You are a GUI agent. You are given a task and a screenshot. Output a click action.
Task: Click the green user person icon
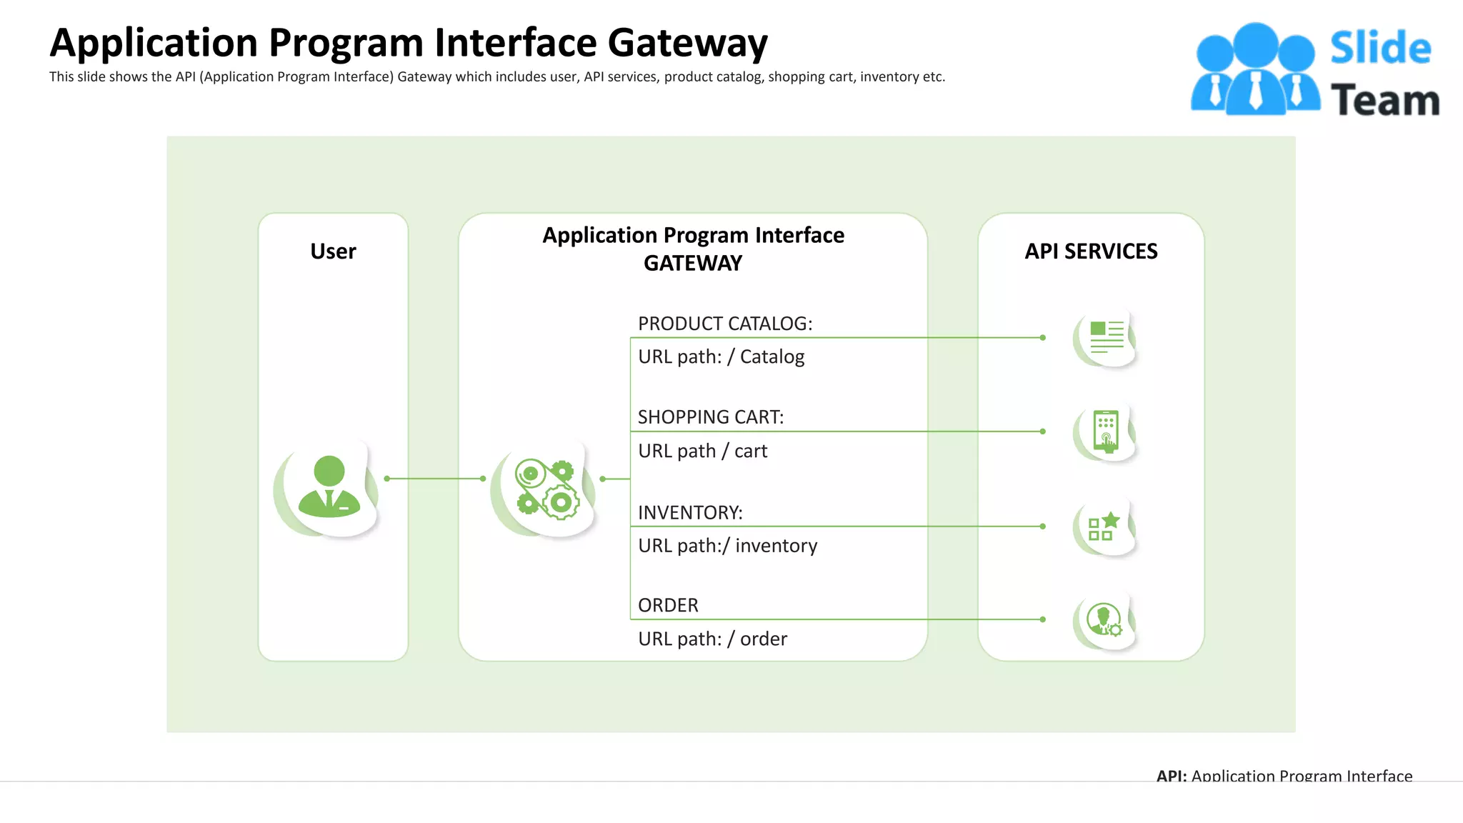(329, 487)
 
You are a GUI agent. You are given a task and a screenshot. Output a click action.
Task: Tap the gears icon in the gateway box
(546, 489)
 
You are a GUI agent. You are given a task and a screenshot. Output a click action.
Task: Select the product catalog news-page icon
(1107, 337)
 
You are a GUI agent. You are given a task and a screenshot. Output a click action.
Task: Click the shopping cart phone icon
(1106, 432)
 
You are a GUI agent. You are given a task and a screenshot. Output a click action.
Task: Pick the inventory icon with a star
(1104, 527)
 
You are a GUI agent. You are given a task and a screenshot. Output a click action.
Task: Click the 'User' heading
(333, 251)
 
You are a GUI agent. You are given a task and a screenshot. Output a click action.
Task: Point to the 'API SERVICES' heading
(1091, 251)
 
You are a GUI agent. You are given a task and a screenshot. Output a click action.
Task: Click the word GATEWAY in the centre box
(692, 264)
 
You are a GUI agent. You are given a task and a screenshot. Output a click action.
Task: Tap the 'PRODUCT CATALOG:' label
(724, 324)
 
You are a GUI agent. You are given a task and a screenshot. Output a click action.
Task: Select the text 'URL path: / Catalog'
(721, 356)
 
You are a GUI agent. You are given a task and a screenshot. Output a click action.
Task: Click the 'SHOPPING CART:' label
(710, 417)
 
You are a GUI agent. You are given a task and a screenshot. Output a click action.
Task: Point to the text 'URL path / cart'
(702, 451)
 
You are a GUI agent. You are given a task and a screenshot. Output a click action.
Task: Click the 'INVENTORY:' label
(689, 512)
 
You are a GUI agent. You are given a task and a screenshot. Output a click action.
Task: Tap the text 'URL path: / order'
(712, 639)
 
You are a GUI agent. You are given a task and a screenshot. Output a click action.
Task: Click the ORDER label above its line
(667, 605)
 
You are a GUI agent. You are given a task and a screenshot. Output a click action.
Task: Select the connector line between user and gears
(435, 479)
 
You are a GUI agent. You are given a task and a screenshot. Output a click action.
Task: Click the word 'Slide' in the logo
(1380, 49)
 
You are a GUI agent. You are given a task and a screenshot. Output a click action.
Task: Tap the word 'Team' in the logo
(1384, 100)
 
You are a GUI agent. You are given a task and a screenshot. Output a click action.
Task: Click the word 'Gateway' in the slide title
(687, 43)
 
